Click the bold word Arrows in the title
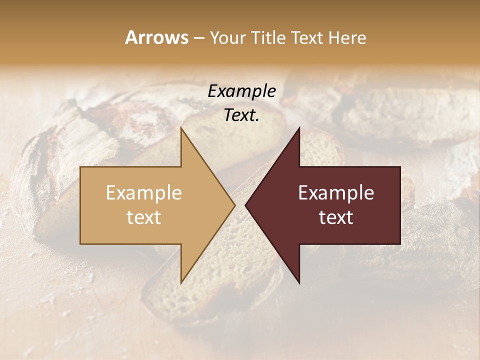(x=156, y=37)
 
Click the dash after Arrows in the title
(x=198, y=38)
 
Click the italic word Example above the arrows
(x=241, y=91)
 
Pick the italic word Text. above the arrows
(x=241, y=115)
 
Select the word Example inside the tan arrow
(x=144, y=193)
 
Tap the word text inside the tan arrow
(x=144, y=217)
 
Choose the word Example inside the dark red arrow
(x=336, y=193)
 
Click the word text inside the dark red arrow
(x=336, y=217)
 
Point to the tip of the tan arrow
(x=233, y=205)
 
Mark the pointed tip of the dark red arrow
(x=246, y=205)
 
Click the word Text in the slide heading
(x=305, y=37)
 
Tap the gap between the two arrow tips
(x=240, y=205)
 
